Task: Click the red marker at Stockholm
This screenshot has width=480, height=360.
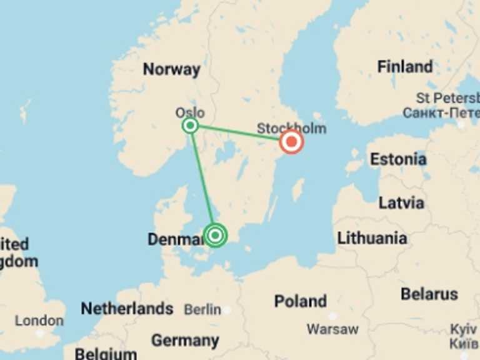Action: [x=291, y=142]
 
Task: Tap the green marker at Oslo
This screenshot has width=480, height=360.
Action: [x=191, y=126]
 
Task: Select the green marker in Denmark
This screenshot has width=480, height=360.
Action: [x=216, y=236]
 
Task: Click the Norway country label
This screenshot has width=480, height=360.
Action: [x=171, y=69]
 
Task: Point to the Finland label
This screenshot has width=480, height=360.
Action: [x=405, y=66]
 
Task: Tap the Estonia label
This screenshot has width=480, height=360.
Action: [x=398, y=159]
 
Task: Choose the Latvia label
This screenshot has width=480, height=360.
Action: [x=401, y=202]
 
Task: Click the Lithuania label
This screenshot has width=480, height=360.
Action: [x=372, y=238]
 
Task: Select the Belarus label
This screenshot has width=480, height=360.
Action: [x=429, y=294]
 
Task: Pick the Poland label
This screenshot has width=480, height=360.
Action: [x=301, y=301]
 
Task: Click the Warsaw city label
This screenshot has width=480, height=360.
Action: [x=332, y=329]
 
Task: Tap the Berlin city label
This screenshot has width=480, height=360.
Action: [x=202, y=309]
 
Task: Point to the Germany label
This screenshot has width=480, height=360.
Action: [x=185, y=341]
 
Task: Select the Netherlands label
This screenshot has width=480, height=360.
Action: [x=127, y=308]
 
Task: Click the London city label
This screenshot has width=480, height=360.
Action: [x=39, y=321]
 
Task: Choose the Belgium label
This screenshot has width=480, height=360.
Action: [x=106, y=354]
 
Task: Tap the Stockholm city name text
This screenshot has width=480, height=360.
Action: [x=291, y=129]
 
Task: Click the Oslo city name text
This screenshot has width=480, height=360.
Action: [x=189, y=113]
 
